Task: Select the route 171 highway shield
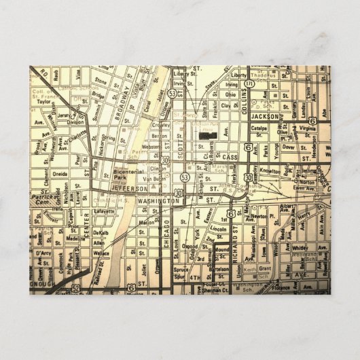[251, 83]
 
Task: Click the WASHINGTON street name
[158, 202]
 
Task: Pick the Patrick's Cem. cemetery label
[46, 199]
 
